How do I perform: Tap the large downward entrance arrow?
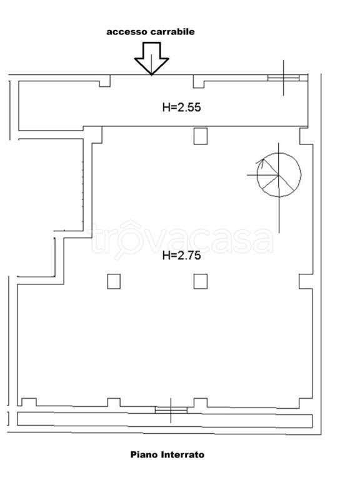click(x=151, y=59)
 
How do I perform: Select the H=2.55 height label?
click(x=181, y=107)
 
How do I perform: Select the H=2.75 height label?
click(x=181, y=255)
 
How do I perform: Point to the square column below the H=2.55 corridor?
click(x=201, y=136)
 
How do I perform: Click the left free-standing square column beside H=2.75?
click(x=114, y=281)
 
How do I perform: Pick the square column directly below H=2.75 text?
click(x=201, y=281)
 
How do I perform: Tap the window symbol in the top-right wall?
click(x=284, y=77)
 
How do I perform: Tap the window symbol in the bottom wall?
click(x=171, y=410)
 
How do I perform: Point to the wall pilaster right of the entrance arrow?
click(x=199, y=81)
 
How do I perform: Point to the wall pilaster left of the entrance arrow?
click(x=105, y=81)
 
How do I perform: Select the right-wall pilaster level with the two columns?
click(x=306, y=281)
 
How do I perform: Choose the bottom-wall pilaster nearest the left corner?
click(x=29, y=402)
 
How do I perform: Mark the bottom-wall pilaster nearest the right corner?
click(x=306, y=403)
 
